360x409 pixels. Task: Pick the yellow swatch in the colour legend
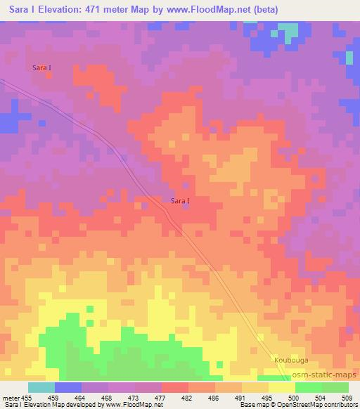(282, 387)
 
